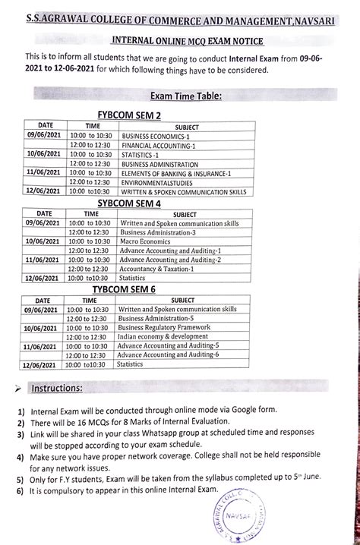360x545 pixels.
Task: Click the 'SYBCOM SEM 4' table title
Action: click(129, 203)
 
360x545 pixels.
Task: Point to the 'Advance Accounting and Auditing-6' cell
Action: click(168, 354)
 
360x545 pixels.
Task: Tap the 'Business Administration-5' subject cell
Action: click(156, 318)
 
